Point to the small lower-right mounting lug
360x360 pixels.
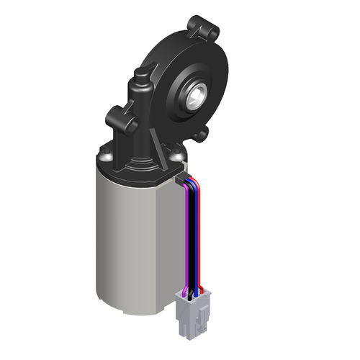201,133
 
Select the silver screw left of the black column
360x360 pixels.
107,153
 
